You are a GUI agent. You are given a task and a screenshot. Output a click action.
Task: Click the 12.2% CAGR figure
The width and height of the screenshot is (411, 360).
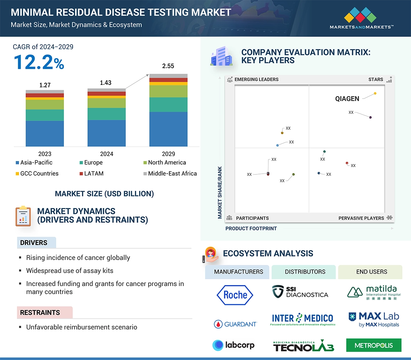coord(39,62)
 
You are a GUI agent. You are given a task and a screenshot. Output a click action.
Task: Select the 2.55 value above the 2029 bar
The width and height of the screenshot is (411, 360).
coord(168,66)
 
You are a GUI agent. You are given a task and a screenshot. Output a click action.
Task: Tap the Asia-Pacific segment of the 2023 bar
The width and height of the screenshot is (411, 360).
coord(45,133)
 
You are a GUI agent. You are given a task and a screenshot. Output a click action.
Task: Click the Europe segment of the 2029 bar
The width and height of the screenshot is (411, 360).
coord(168,105)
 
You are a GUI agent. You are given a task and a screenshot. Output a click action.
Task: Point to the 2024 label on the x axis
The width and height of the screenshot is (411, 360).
coord(106,154)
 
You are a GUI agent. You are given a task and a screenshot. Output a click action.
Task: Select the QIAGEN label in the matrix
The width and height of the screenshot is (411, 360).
coord(347,99)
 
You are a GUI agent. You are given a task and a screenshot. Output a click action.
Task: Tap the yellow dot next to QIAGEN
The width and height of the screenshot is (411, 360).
coord(375,93)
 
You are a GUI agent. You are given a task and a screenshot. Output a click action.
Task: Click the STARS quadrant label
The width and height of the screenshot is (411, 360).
coord(376,79)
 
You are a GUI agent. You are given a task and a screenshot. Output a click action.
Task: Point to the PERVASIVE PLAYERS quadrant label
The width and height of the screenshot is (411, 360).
coord(361,218)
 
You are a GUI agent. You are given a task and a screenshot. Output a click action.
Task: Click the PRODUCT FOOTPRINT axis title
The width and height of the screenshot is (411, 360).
coord(251,228)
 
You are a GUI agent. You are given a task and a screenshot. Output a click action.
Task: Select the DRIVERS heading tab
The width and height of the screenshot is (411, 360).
coord(34,243)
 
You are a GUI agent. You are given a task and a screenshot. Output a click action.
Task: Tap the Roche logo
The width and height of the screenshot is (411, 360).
coord(235,295)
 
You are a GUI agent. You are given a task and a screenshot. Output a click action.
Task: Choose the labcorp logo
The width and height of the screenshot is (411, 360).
coord(234,345)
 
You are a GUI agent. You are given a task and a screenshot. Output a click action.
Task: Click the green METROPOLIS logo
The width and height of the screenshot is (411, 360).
coord(373,345)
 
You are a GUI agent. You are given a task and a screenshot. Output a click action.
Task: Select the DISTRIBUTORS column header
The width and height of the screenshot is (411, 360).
coord(305,272)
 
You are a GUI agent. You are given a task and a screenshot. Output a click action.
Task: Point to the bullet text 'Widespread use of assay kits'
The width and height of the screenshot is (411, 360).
coord(70,271)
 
